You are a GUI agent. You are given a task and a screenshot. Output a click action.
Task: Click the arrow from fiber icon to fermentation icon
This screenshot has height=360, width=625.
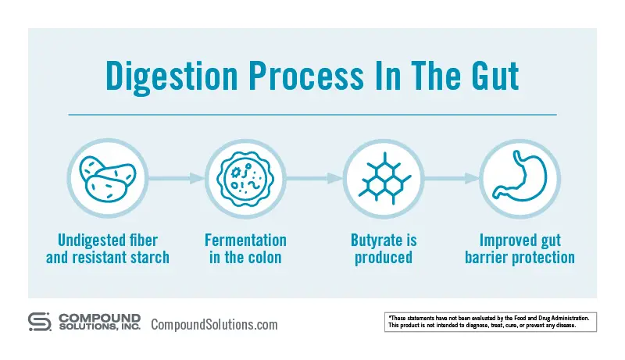click(176, 179)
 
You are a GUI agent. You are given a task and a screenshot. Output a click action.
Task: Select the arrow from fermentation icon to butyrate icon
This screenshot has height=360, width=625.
click(313, 179)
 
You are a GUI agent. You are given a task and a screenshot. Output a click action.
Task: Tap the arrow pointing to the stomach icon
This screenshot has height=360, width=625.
click(451, 179)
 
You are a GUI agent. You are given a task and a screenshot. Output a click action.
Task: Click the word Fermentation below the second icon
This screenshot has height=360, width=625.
click(245, 241)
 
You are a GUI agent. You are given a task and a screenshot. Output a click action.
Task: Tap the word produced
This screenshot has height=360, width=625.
click(383, 258)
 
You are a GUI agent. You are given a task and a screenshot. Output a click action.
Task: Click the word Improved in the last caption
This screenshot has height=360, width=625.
click(505, 241)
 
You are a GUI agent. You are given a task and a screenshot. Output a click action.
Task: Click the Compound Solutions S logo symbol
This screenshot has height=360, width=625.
click(40, 323)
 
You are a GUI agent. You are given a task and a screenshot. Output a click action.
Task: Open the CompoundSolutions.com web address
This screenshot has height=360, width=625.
click(214, 324)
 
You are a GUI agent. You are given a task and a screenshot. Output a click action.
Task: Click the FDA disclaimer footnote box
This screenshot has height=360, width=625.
click(491, 322)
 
